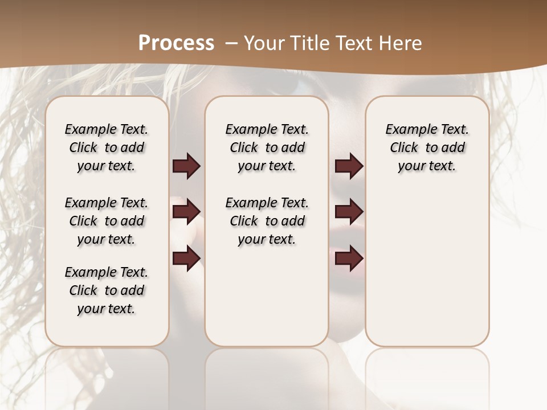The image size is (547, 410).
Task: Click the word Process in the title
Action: (176, 43)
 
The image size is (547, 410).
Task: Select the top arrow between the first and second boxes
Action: (186, 166)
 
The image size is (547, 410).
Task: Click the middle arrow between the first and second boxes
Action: (186, 212)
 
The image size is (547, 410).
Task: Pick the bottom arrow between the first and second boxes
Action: (186, 259)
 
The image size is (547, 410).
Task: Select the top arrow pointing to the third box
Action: (349, 166)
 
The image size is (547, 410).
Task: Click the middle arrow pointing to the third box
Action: (349, 212)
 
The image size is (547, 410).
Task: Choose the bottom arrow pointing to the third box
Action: (349, 259)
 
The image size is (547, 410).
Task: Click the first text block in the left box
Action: (107, 147)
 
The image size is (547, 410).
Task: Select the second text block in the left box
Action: (107, 221)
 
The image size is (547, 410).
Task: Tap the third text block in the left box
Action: (107, 290)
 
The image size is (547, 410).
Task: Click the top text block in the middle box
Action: (267, 147)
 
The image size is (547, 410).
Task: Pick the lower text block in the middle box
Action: (267, 221)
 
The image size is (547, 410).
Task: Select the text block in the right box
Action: (427, 147)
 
